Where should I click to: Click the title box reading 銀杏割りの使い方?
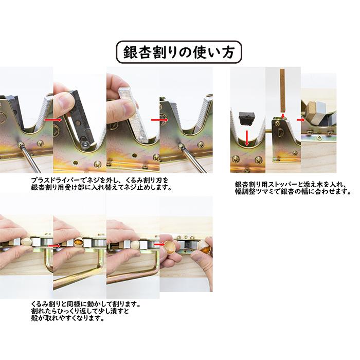pyautogui.click(x=179, y=52)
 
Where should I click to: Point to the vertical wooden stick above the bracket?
pyautogui.click(x=282, y=91)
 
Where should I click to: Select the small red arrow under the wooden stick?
pyautogui.click(x=282, y=116)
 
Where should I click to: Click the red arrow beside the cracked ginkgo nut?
pyautogui.click(x=58, y=246)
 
